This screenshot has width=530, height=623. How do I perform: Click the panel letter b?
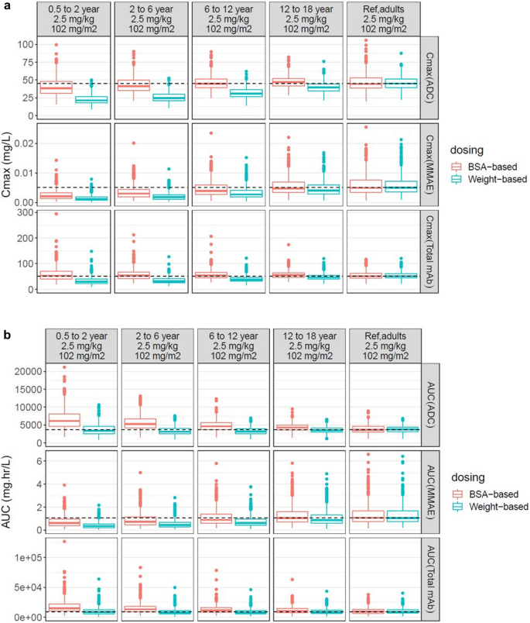coord(5,315)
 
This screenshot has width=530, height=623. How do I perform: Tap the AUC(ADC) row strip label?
coord(431,404)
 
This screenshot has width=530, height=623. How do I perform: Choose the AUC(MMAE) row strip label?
coord(431,491)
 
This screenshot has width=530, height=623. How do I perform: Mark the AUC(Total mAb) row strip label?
coord(431,577)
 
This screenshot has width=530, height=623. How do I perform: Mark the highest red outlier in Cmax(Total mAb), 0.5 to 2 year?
coord(56,214)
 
